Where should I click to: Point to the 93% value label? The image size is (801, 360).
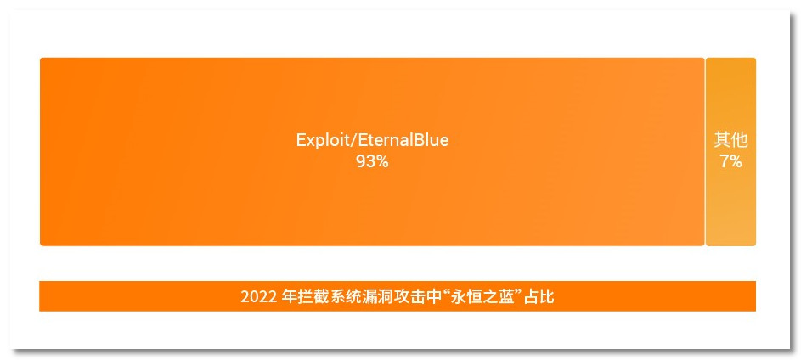tap(372, 161)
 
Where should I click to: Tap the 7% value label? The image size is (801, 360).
tap(730, 161)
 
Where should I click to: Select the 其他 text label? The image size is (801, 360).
tap(730, 141)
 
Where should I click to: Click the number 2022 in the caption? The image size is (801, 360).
tap(258, 297)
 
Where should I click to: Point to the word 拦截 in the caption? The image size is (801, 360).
tap(313, 297)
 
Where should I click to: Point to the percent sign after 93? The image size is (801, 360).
tap(382, 161)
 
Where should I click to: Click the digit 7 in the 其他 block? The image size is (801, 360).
tap(725, 161)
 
